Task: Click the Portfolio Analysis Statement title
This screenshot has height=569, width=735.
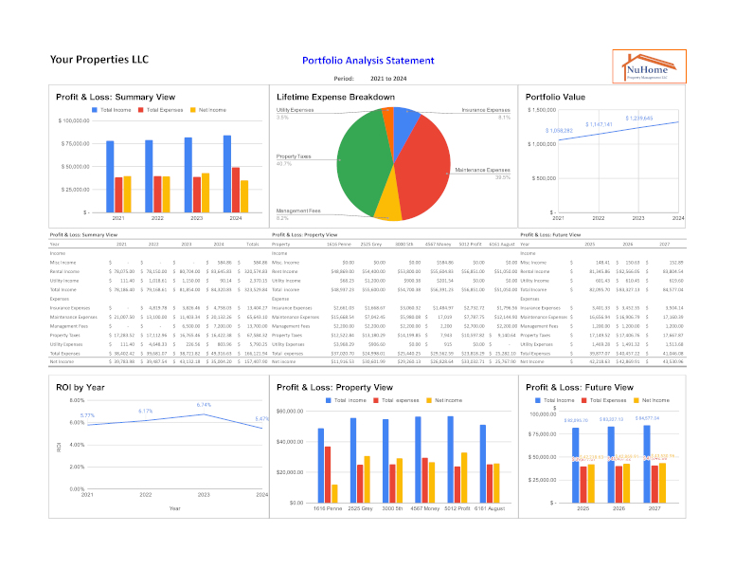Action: [368, 61]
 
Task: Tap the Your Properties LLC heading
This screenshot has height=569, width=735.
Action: [99, 60]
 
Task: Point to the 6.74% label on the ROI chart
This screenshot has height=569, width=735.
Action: [205, 405]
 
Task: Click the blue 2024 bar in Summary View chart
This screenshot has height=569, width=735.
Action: [227, 174]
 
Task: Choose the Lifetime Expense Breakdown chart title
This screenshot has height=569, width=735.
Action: [335, 97]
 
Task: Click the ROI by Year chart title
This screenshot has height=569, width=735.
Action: [81, 387]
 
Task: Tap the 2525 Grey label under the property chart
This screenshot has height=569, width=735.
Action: [361, 509]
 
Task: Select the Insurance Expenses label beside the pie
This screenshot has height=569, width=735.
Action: [486, 109]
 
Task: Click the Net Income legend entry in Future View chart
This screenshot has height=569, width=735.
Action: [665, 400]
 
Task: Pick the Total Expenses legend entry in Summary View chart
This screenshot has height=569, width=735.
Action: [165, 110]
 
